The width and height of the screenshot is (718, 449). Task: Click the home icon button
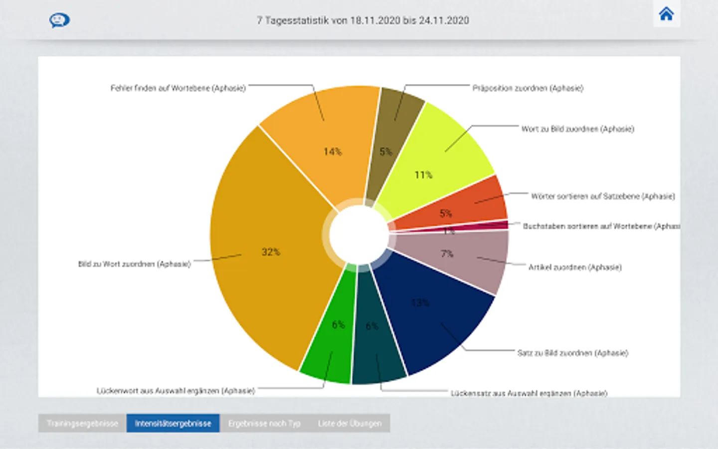(x=666, y=14)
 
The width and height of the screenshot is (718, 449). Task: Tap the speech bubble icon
(x=59, y=20)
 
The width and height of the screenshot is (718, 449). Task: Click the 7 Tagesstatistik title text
(x=362, y=20)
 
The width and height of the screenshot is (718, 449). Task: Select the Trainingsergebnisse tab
(x=82, y=424)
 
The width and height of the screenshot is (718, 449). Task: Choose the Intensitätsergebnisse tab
(x=173, y=424)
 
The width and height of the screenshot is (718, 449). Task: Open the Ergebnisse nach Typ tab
(x=264, y=424)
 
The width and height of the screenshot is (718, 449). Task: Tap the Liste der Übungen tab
(x=350, y=424)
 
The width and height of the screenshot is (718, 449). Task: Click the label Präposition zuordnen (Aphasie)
(x=528, y=88)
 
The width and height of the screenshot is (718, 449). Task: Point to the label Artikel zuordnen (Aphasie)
(x=574, y=267)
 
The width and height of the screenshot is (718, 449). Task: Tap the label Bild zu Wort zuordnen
(x=134, y=264)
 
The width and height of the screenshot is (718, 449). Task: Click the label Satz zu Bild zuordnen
(x=572, y=353)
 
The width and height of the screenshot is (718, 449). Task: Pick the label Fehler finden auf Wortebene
(x=178, y=88)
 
